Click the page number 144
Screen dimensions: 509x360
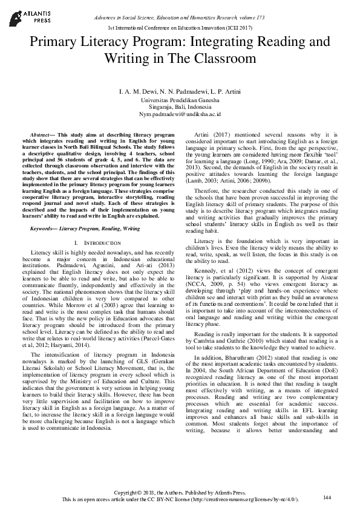tap(327, 498)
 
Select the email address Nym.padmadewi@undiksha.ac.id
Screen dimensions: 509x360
tap(180, 113)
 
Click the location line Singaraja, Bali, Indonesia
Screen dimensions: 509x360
tap(180, 106)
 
